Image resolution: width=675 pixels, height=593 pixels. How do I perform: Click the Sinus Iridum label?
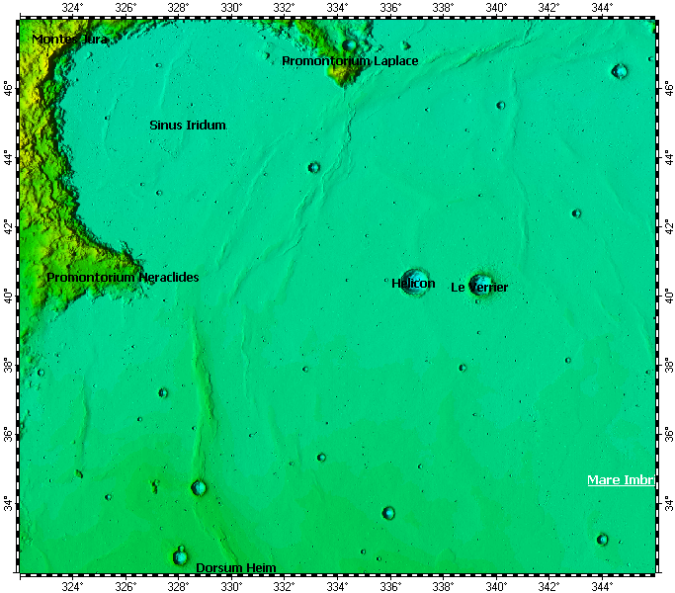(188, 126)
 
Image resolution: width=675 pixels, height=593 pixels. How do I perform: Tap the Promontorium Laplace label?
(350, 61)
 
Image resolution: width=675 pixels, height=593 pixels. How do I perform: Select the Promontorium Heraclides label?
(123, 278)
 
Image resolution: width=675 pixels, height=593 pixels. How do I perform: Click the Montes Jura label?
(70, 40)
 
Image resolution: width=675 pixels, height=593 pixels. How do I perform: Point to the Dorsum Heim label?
(236, 567)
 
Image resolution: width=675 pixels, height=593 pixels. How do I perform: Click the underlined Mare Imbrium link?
(621, 480)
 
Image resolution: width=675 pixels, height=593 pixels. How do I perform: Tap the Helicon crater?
(414, 279)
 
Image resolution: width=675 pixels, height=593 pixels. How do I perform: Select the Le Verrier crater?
(481, 284)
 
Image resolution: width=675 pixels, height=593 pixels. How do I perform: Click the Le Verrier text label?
(479, 288)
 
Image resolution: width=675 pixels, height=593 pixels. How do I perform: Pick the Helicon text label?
(413, 284)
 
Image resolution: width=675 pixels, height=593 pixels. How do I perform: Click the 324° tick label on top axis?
(72, 8)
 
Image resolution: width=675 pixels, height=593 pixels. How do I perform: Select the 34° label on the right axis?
(668, 504)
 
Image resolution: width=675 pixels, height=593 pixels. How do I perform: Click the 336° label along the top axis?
(390, 8)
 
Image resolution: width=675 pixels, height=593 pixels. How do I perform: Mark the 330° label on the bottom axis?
(231, 586)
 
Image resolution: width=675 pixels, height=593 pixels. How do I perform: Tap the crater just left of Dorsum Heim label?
(181, 556)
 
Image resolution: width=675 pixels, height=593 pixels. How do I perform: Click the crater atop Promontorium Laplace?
(350, 44)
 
